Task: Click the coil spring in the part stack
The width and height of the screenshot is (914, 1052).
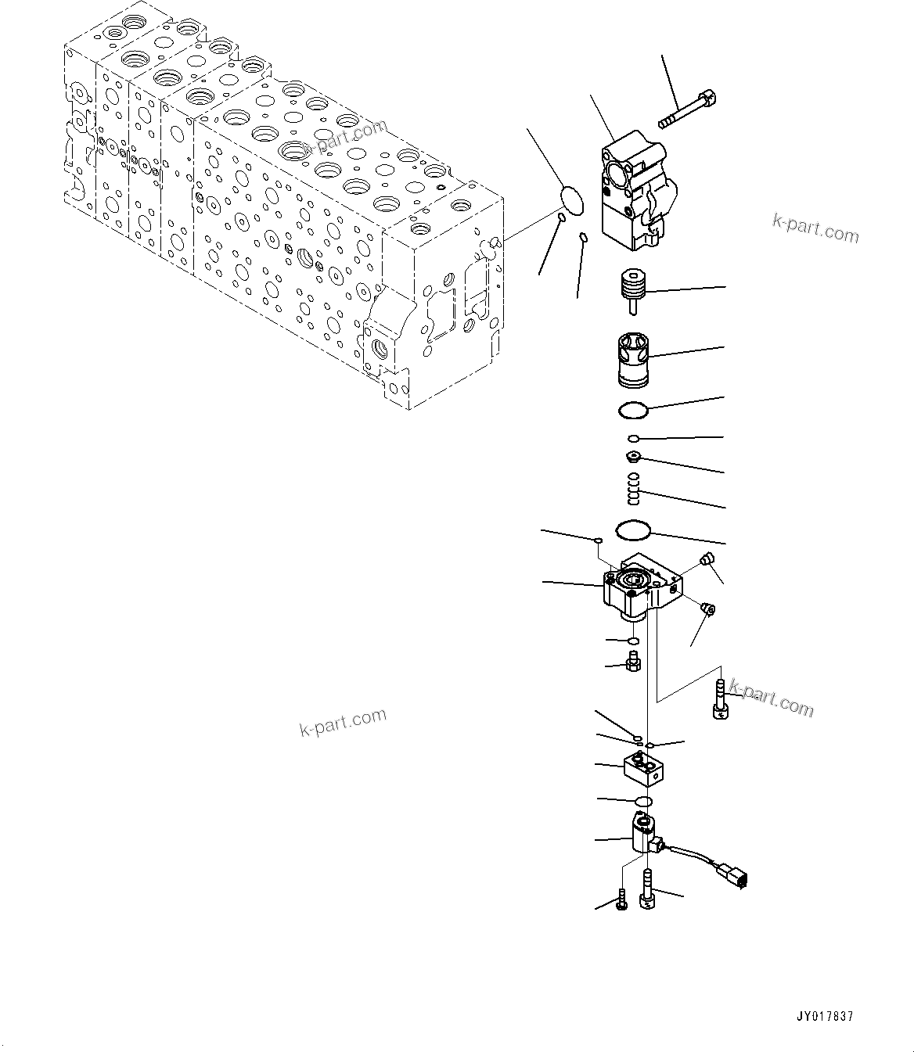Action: pos(635,490)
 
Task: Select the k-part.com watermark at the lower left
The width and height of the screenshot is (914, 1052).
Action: pos(343,723)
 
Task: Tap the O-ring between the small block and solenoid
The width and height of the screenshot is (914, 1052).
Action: pos(643,802)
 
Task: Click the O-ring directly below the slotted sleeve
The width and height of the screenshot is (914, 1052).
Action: pos(632,409)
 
